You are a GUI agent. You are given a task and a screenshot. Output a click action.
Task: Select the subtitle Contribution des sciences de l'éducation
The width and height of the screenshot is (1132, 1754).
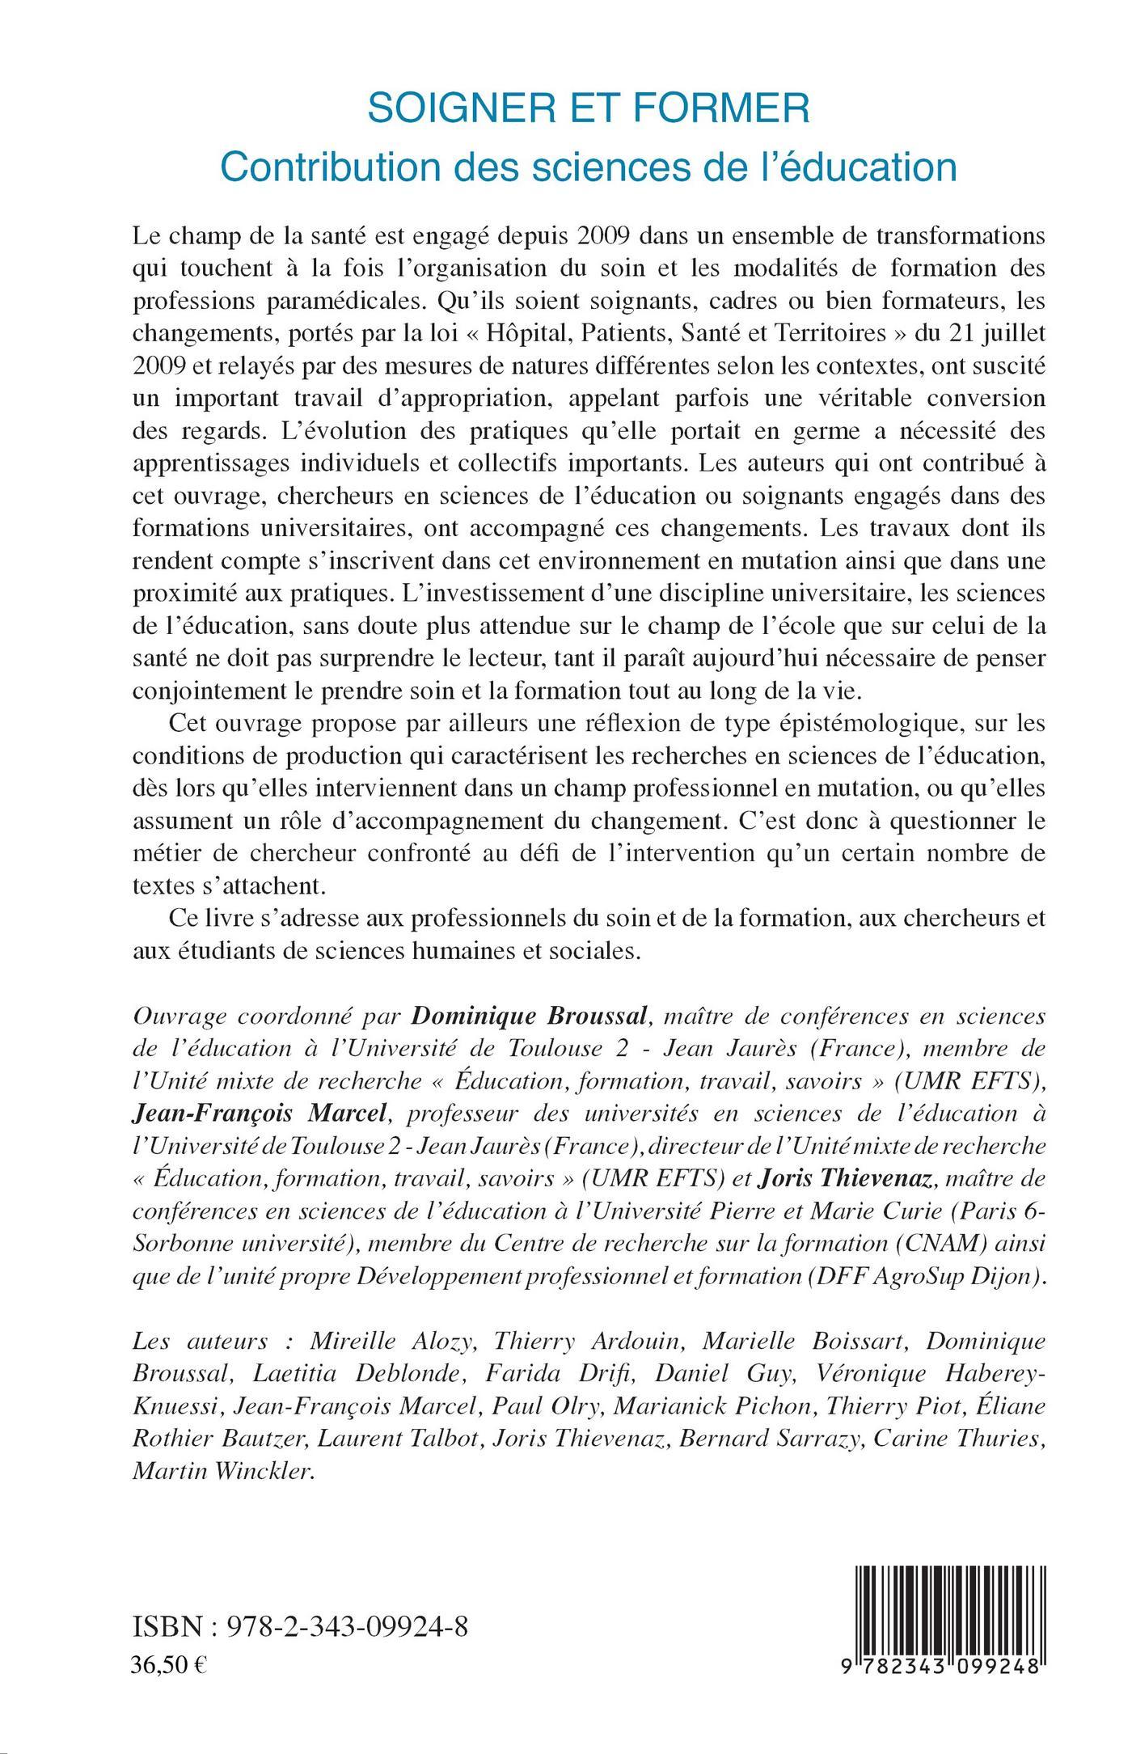(589, 166)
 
